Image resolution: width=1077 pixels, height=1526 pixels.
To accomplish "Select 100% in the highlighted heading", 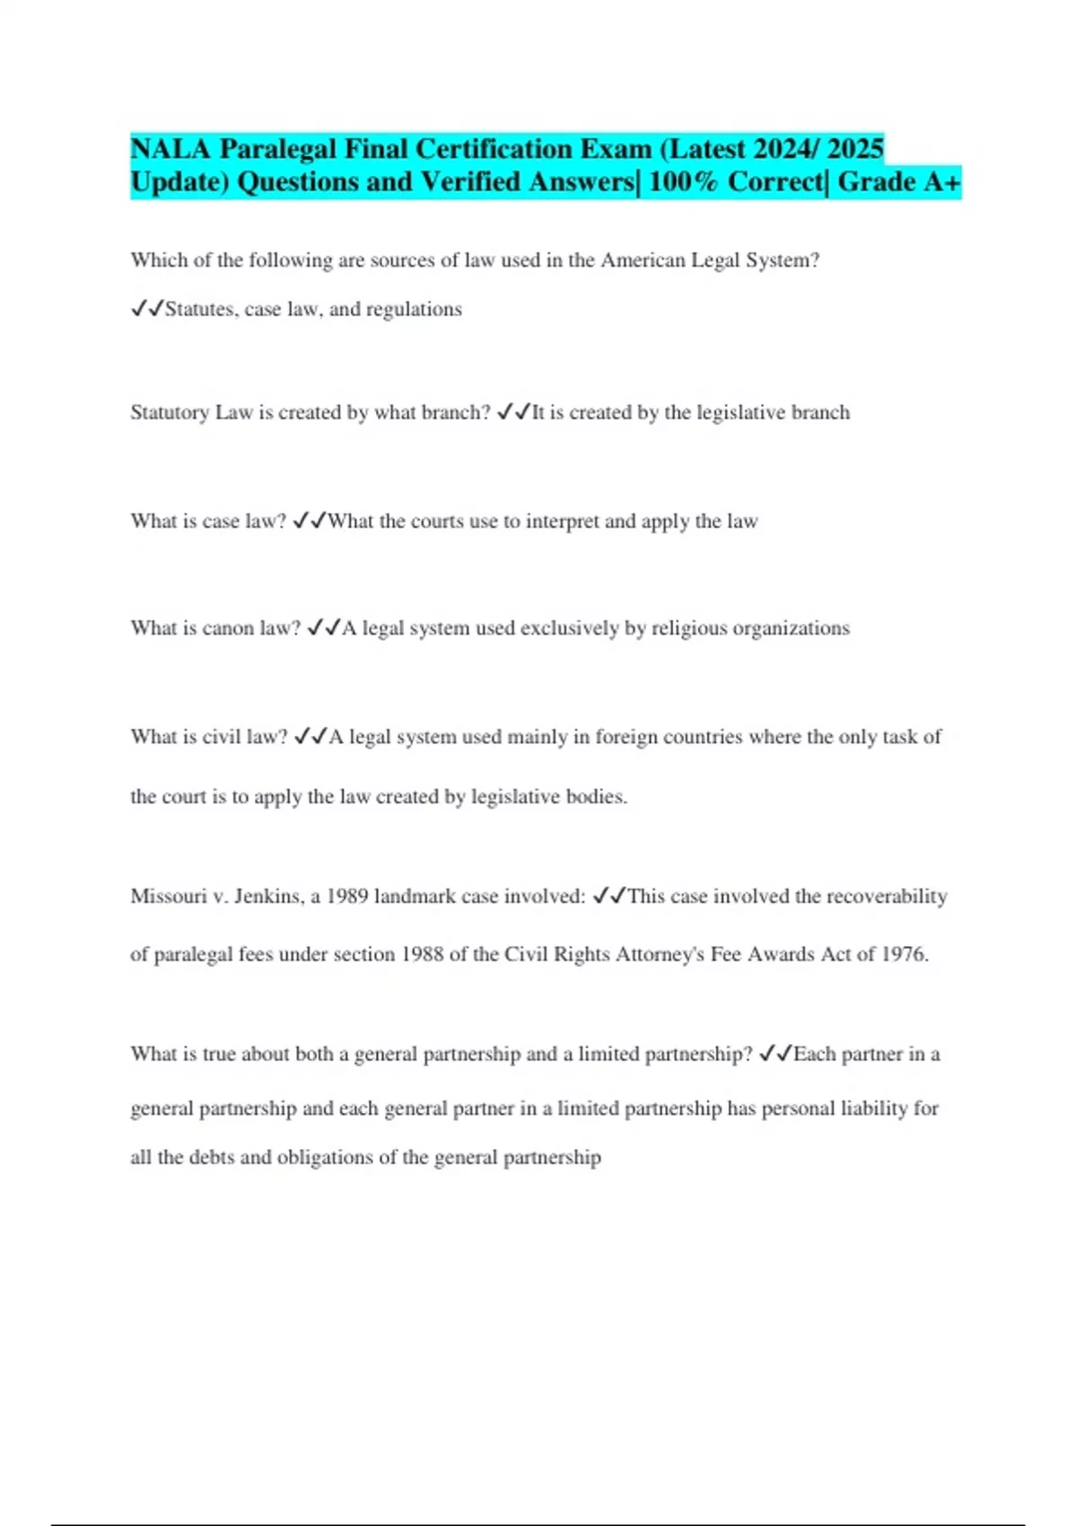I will (x=683, y=182).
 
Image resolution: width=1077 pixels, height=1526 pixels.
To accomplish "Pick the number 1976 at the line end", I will (x=904, y=954).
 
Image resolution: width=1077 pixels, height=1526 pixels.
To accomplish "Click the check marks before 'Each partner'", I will (x=775, y=1054).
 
